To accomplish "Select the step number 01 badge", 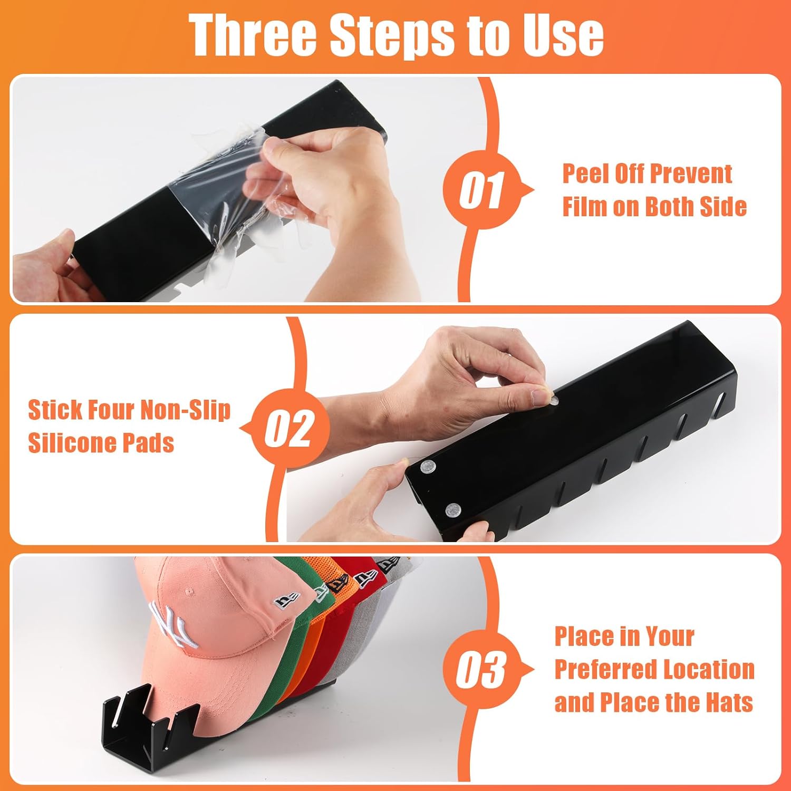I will pyautogui.click(x=481, y=189).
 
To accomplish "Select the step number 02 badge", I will pyautogui.click(x=289, y=429).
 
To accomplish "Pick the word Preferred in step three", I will pyautogui.click(x=604, y=670).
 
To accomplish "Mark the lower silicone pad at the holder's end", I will pyautogui.click(x=452, y=509).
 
